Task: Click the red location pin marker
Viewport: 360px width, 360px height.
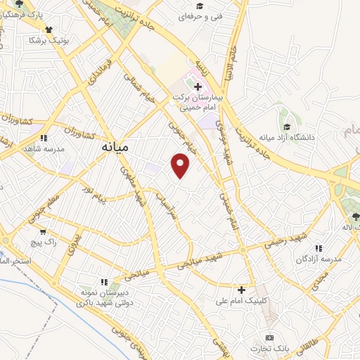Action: pos(181,165)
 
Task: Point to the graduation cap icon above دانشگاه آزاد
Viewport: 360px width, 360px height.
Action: pos(287,126)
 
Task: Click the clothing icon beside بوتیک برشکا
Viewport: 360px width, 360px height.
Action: pos(49,30)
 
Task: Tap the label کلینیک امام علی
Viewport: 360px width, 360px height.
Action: pos(242,302)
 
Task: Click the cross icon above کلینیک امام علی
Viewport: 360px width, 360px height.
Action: pos(242,290)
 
